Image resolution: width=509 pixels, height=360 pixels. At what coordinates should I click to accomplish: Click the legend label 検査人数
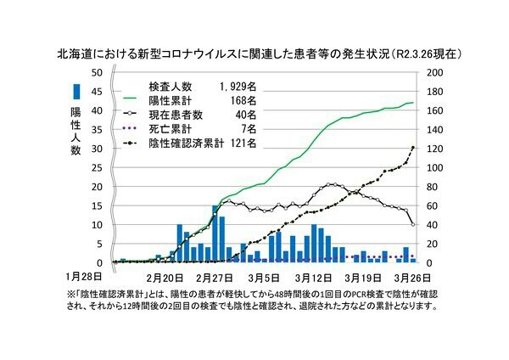point(170,87)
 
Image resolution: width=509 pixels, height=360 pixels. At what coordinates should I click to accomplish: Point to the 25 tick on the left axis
point(98,168)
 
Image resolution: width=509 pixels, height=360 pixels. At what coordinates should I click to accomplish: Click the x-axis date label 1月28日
point(84,276)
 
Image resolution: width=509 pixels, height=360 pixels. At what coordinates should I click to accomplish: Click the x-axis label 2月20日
point(165,276)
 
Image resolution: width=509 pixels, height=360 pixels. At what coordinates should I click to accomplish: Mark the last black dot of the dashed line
point(412,148)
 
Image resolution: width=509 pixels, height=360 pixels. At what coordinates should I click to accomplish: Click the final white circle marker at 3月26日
point(412,224)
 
